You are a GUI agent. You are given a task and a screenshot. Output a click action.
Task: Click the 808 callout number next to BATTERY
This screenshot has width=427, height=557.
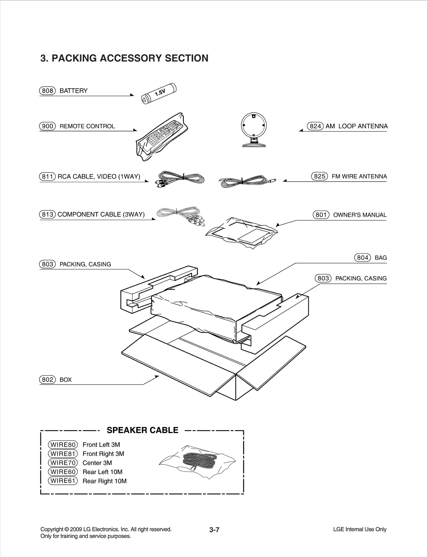(x=48, y=91)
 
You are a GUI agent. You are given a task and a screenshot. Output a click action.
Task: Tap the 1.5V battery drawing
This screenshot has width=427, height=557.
(x=159, y=94)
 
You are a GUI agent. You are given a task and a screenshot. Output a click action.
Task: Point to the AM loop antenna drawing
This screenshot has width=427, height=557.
(x=254, y=129)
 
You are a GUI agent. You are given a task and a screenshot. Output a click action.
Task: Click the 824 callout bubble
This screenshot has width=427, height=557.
(x=315, y=126)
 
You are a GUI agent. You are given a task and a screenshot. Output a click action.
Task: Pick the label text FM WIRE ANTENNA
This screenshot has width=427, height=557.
(x=359, y=176)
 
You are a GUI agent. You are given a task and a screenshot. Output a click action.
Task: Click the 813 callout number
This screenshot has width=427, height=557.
(x=48, y=214)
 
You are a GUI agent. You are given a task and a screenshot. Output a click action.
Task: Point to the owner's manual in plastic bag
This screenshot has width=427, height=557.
(x=242, y=233)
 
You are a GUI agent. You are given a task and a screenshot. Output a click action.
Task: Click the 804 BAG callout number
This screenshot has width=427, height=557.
(x=362, y=258)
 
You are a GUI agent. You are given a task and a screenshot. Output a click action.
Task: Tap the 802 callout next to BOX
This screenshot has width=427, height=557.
(x=48, y=380)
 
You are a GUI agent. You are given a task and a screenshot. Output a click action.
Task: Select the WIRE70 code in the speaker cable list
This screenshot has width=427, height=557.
(x=63, y=463)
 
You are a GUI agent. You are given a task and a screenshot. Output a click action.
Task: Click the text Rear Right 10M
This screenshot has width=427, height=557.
(x=105, y=481)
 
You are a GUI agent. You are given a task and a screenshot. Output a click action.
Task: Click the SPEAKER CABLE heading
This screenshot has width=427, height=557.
(x=142, y=430)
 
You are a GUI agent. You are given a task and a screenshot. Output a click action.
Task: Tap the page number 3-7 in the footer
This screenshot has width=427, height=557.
(x=214, y=529)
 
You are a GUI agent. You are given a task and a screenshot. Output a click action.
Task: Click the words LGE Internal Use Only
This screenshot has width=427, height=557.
(x=359, y=529)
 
